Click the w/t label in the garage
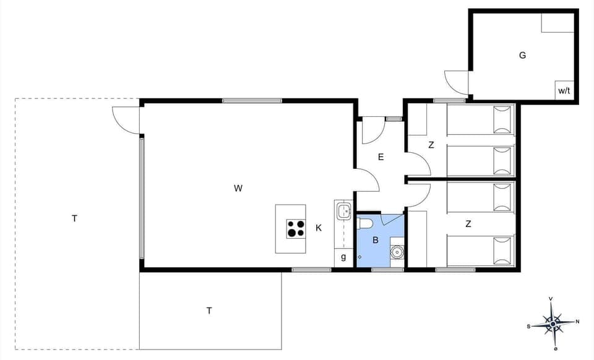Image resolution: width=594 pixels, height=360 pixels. click(564, 90)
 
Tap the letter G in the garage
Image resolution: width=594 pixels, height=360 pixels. click(523, 55)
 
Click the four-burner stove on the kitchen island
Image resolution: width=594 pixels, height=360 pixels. click(296, 229)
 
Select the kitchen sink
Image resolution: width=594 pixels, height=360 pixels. click(344, 212)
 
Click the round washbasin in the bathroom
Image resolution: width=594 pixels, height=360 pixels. click(397, 252)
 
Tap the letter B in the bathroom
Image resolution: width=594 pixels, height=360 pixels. click(375, 240)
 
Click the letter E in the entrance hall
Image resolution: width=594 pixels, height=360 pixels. click(381, 157)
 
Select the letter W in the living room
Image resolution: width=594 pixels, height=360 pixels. click(238, 189)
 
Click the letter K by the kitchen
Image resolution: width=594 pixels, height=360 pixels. click(319, 228)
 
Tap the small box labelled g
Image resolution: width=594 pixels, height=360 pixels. click(343, 256)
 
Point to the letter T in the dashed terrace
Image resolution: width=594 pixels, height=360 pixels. click(74, 218)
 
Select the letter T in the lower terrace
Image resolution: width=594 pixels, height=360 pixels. click(209, 311)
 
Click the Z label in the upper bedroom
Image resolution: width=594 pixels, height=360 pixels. click(431, 145)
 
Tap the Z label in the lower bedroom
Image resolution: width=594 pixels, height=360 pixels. click(468, 224)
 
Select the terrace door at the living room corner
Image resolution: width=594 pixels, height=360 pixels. click(126, 119)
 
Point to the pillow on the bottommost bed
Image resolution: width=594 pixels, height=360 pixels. click(503, 251)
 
